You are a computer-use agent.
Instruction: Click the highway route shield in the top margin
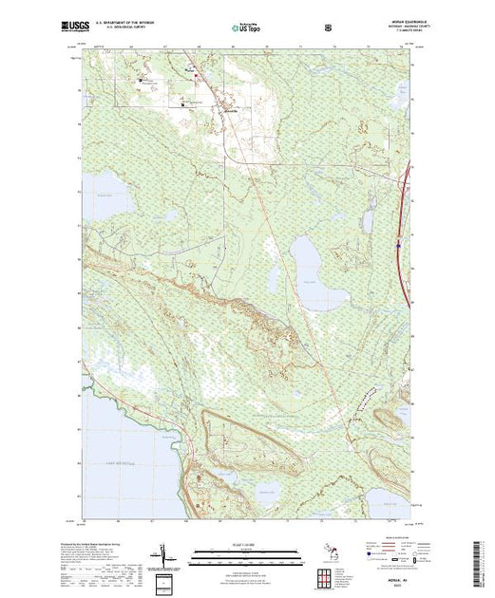(329, 28)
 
